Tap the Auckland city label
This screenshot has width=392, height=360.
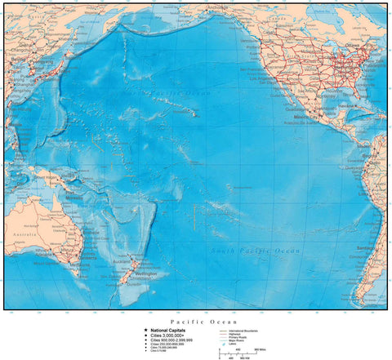(131, 259)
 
